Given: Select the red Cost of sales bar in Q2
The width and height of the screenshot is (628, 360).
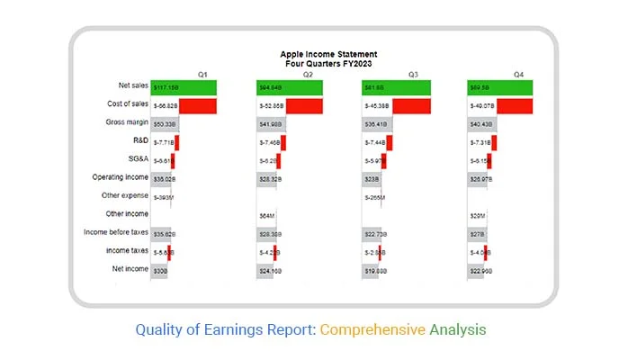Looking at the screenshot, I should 304,105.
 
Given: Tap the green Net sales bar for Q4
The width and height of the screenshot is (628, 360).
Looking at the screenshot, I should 500,87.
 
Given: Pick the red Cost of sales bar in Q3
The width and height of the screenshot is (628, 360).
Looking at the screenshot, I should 411,105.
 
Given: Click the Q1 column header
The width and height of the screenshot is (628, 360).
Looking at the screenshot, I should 203,74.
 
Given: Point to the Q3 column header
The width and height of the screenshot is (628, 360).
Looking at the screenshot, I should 413,74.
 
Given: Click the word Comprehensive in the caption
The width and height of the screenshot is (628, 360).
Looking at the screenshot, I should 372,330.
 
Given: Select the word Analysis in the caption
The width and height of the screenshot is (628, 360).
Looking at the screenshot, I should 457,330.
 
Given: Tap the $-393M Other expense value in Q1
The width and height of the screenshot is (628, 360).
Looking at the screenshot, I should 163,197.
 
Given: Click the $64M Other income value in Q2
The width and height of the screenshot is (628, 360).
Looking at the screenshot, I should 266,216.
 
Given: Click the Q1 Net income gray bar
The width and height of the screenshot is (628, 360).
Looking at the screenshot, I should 160,270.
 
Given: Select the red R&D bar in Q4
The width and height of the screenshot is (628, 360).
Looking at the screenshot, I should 494,142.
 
